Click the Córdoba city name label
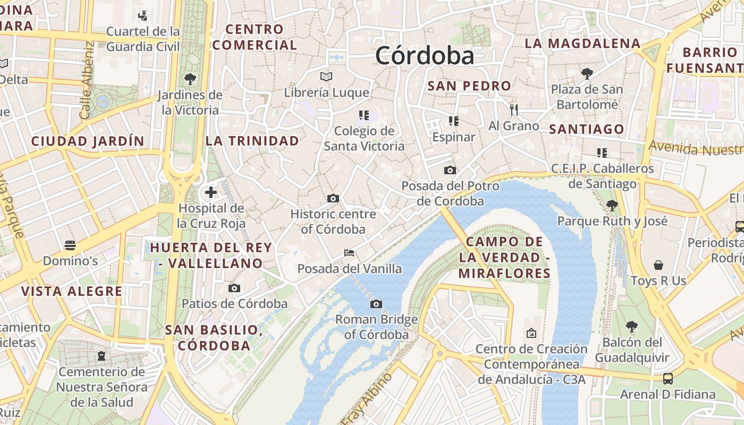424,56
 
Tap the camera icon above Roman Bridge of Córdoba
376,304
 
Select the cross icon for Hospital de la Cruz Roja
211,192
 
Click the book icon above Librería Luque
326,77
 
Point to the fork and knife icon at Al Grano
513,110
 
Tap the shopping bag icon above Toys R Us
658,265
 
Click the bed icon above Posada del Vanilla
349,252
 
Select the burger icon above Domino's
70,245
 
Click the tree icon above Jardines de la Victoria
190,79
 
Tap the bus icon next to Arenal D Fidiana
668,378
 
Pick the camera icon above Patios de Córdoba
234,288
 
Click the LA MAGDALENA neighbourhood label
582,44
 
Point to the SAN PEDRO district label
469,86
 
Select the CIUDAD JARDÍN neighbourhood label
88,141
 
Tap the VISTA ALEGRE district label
72,291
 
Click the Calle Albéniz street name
87,80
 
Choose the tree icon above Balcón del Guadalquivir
632,326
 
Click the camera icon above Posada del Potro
450,170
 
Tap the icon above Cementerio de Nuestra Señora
101,355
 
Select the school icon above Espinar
453,121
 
